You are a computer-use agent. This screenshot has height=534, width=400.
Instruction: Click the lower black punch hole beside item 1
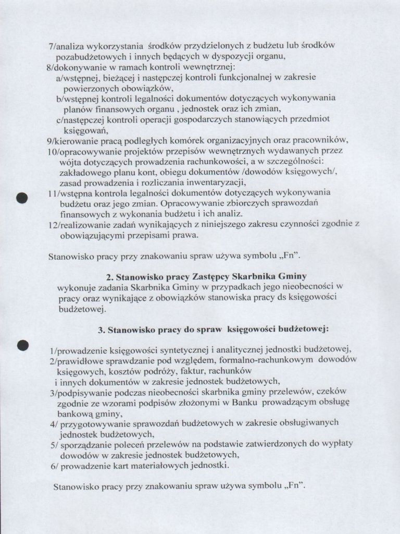pos(22,344)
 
